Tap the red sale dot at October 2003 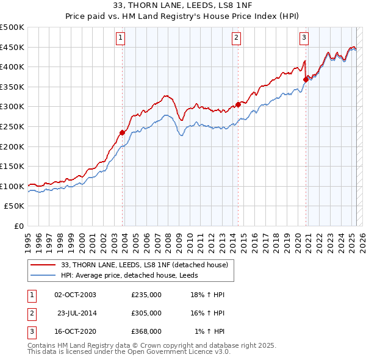122,132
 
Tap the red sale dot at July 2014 238,104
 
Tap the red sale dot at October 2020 306,79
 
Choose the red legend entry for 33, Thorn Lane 144,265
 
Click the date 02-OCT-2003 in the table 75,295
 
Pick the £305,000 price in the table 146,313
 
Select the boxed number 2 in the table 31,313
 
